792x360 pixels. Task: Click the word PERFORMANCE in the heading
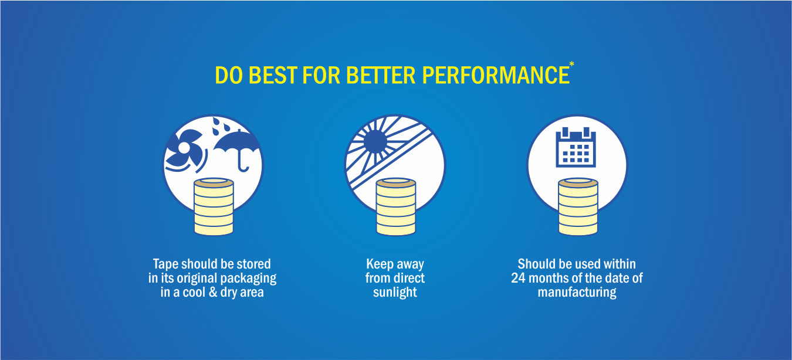[x=496, y=75]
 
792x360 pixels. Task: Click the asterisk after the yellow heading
[x=572, y=64]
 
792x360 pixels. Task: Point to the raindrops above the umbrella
[x=220, y=127]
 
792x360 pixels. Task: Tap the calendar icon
[x=576, y=147]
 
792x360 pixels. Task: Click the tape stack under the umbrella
[x=214, y=206]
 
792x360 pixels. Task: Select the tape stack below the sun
[x=395, y=206]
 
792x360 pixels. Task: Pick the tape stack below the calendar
[x=578, y=206]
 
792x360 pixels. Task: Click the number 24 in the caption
[x=519, y=278]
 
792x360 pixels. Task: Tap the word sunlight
[x=395, y=293]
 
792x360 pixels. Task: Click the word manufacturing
[x=577, y=293]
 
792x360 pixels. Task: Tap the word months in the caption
[x=549, y=278]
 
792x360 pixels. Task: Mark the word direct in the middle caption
[x=408, y=278]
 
